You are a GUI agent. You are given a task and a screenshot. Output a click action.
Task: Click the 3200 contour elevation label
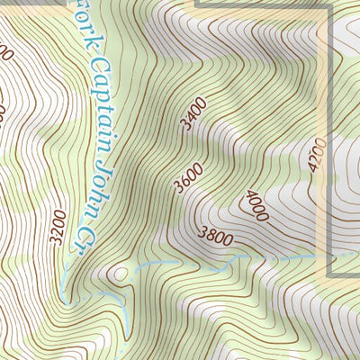pos(59,228)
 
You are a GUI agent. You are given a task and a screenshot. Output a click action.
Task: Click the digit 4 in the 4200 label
pos(311,167)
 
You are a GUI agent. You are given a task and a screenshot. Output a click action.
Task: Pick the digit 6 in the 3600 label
pos(184,180)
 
